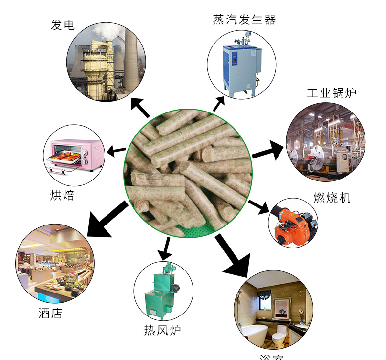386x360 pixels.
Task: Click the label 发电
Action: (63, 25)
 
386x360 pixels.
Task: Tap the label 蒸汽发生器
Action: (244, 20)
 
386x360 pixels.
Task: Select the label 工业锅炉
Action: (332, 93)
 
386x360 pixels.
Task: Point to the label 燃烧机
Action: (332, 198)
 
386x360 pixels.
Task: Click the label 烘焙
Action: (63, 195)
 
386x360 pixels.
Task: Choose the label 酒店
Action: (51, 313)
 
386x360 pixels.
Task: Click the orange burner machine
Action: (293, 223)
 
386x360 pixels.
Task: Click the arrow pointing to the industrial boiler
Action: (268, 150)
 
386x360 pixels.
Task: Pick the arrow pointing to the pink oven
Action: (116, 151)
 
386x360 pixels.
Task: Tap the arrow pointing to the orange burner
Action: (259, 206)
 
